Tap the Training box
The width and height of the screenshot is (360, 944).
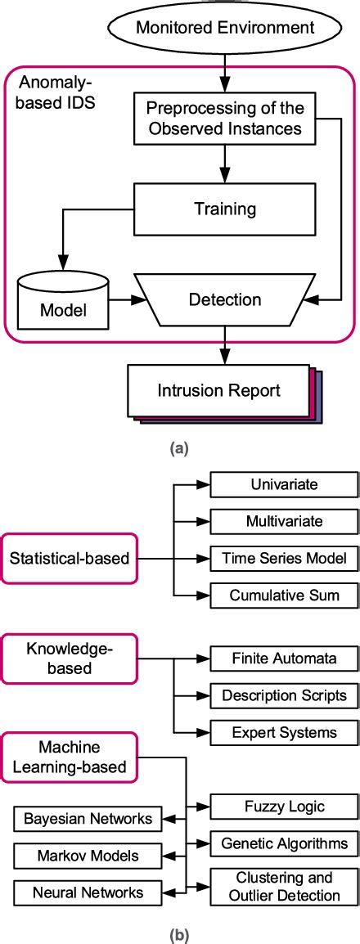[225, 209]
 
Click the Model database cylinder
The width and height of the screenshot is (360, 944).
[62, 299]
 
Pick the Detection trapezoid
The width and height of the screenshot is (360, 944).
[225, 299]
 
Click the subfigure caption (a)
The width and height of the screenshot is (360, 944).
[178, 447]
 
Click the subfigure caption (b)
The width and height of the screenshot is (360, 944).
[178, 930]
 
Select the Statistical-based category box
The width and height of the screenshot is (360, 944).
[69, 559]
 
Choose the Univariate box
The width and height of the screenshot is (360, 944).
[284, 484]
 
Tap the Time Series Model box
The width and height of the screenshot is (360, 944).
[284, 559]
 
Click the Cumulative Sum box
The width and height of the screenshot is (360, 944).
[284, 596]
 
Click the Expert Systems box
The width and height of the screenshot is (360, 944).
[284, 731]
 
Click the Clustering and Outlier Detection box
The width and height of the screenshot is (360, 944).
[284, 887]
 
